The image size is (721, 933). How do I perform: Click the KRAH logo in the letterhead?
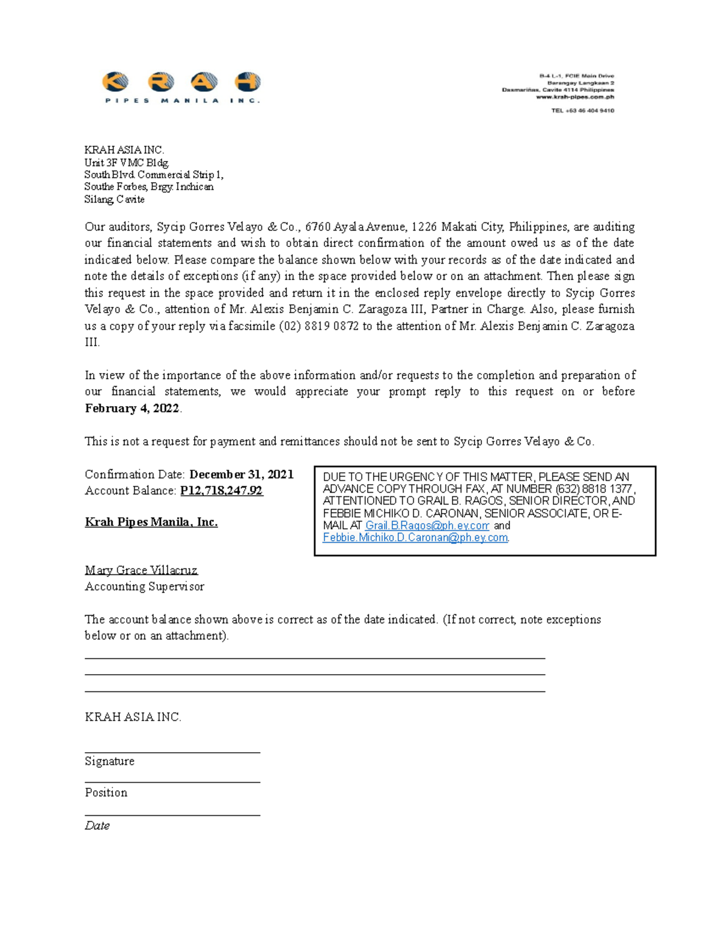click(181, 87)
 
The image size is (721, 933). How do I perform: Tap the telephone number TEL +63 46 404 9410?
click(582, 111)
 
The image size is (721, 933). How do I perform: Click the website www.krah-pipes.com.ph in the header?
click(575, 97)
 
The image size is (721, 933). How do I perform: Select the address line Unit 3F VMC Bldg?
click(127, 162)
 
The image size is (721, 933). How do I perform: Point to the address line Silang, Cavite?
click(114, 199)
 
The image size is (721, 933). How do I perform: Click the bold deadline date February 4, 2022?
click(132, 409)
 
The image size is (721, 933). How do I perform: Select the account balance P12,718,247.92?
click(222, 491)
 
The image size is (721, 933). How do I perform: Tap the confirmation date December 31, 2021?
click(242, 475)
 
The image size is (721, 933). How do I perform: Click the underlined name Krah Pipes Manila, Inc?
click(151, 522)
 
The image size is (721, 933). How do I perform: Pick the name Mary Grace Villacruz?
click(141, 570)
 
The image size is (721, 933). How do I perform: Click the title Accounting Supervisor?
click(144, 586)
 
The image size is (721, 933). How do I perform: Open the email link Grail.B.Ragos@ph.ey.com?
click(427, 526)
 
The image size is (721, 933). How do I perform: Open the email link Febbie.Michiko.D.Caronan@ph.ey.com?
click(415, 538)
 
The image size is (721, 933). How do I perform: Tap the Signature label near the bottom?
click(109, 761)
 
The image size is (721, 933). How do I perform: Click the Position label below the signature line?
click(106, 792)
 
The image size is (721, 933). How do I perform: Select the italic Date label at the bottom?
click(97, 825)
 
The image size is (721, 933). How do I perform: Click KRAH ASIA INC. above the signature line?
click(133, 717)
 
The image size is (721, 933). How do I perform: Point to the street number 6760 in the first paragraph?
click(318, 227)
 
